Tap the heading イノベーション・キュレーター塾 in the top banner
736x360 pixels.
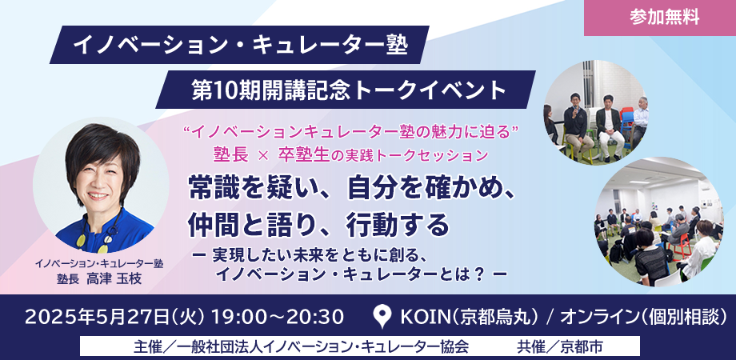[x=240, y=46]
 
